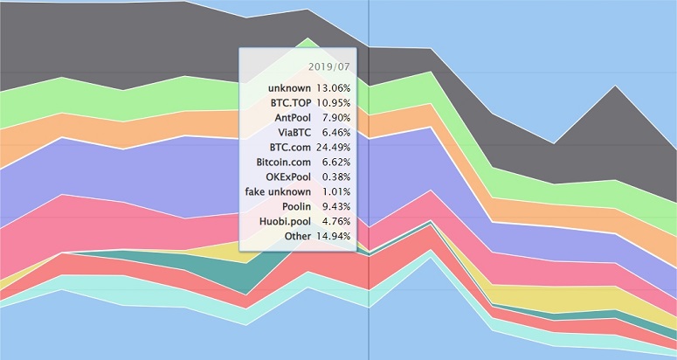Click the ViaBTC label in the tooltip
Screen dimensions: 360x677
pyautogui.click(x=293, y=133)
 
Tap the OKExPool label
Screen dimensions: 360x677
pyautogui.click(x=288, y=177)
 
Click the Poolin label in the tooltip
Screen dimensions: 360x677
pyautogui.click(x=295, y=206)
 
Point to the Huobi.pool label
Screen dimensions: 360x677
pyautogui.click(x=283, y=221)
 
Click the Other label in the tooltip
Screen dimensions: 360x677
pyautogui.click(x=298, y=236)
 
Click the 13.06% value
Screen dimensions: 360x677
pyautogui.click(x=334, y=88)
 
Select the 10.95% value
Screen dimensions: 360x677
pyautogui.click(x=334, y=103)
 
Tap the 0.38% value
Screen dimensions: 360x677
pyautogui.click(x=336, y=177)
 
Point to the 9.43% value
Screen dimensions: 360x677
pyautogui.click(x=336, y=206)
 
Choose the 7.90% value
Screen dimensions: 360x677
pyautogui.click(x=336, y=118)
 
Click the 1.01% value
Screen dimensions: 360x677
pyautogui.click(x=336, y=191)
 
